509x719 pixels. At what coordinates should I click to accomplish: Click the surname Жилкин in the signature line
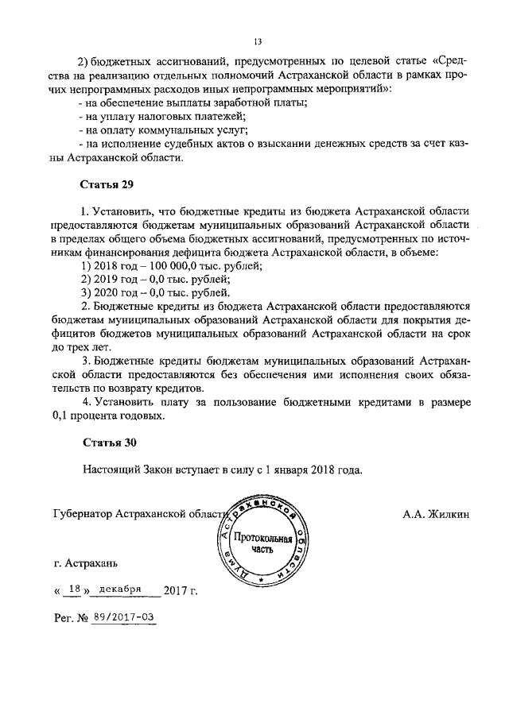pyautogui.click(x=436, y=514)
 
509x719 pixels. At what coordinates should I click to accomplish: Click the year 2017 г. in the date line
pyautogui.click(x=181, y=590)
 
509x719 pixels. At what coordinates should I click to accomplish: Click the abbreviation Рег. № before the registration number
pyautogui.click(x=69, y=617)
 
